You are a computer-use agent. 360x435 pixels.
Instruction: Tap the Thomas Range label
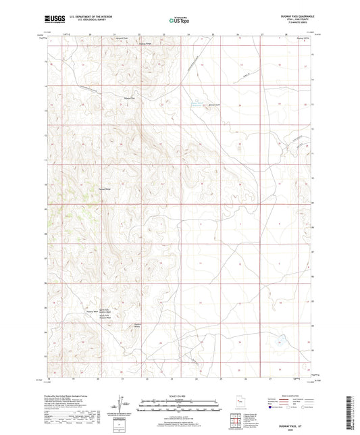tap(103, 189)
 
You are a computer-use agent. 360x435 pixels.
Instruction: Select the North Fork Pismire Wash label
tap(102, 311)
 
